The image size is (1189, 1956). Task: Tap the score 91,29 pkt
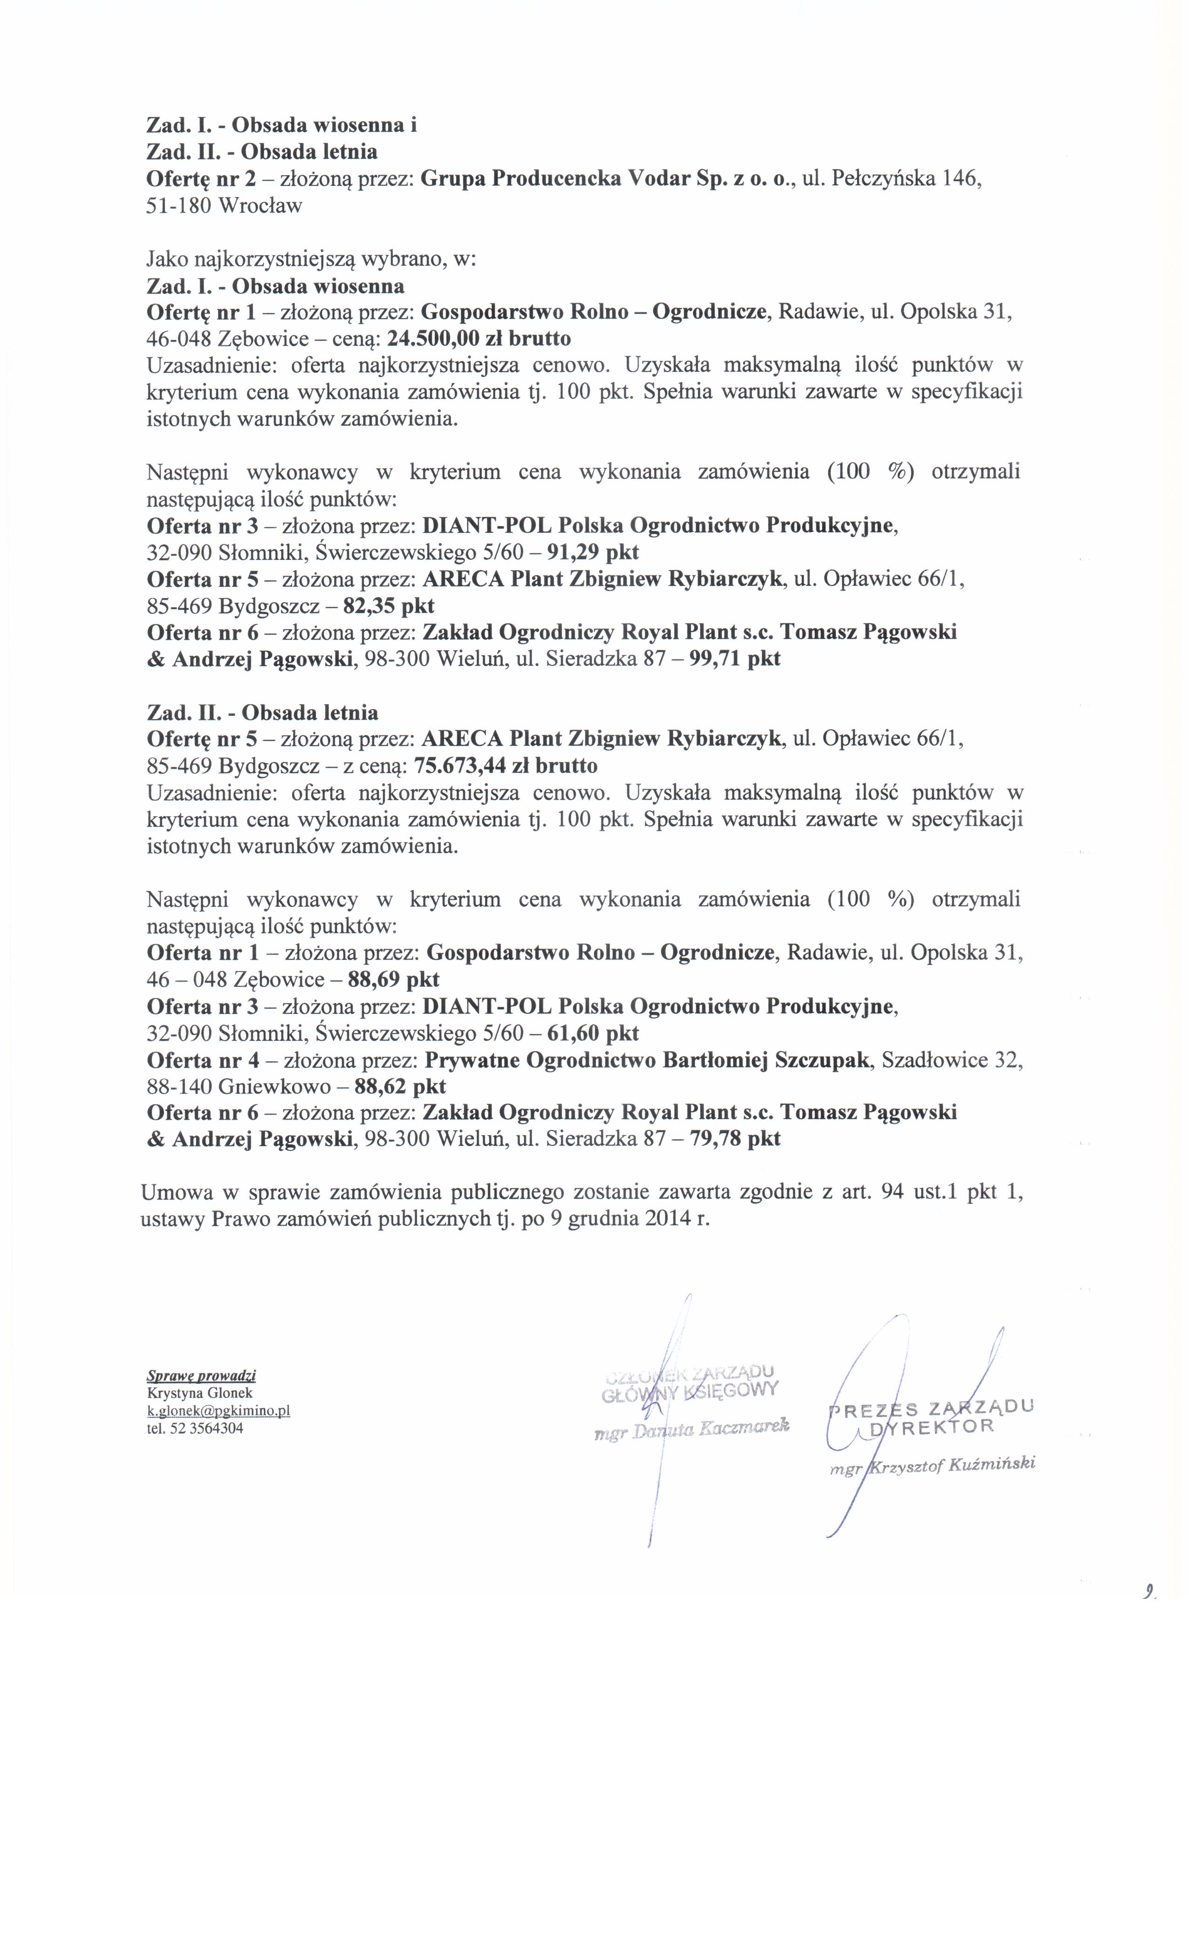pos(593,552)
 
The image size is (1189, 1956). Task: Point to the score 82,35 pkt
pos(389,606)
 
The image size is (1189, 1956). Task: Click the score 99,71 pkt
pos(736,659)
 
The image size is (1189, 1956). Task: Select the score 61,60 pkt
pos(593,1033)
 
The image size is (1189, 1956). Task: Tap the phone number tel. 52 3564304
pos(195,1428)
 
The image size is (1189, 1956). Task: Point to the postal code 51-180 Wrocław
pos(225,205)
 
